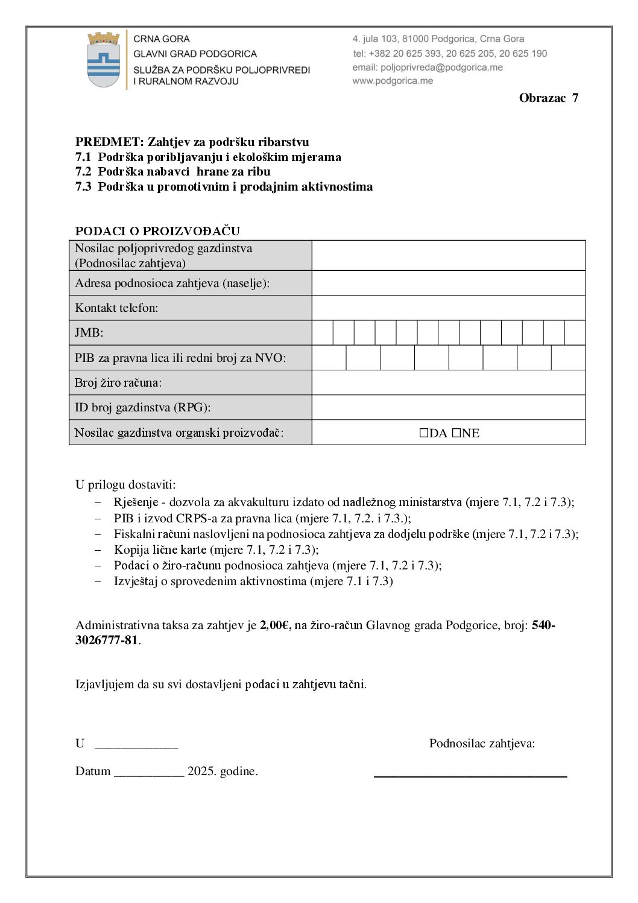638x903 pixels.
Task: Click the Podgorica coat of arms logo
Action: point(104,60)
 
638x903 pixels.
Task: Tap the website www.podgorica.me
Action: point(393,81)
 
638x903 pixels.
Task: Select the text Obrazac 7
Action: point(548,98)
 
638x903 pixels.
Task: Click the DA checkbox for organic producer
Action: point(424,433)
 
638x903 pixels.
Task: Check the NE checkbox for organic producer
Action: point(456,433)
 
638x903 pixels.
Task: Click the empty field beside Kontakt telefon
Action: point(448,308)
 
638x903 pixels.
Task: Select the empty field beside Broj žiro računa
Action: point(448,382)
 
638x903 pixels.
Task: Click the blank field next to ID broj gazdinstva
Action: point(448,407)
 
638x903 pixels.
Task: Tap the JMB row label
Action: point(89,332)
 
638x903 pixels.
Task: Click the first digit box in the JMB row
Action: point(323,333)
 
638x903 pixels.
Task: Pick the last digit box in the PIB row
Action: point(568,358)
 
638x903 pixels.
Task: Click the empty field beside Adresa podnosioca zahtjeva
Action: point(448,283)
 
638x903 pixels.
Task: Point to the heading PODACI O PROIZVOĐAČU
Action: point(157,231)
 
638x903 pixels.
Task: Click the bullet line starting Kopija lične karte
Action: point(216,550)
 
